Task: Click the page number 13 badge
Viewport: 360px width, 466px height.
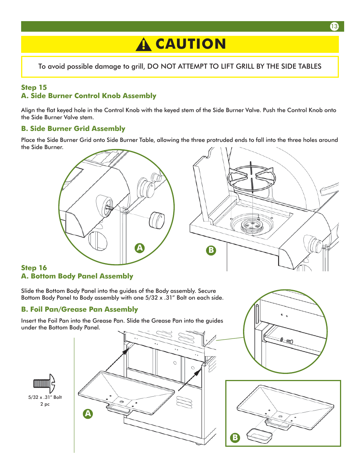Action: click(x=334, y=26)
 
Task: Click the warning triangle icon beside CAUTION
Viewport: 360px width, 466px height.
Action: click(x=143, y=45)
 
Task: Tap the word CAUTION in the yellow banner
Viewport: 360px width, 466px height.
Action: click(x=191, y=44)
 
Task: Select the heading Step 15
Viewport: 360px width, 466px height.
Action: click(x=34, y=87)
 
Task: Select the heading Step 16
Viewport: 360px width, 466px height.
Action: click(x=34, y=268)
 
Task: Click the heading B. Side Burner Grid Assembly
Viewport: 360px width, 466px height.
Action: click(x=73, y=129)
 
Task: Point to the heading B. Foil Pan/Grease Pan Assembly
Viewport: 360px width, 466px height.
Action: click(x=80, y=309)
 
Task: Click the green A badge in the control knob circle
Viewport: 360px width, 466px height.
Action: click(x=140, y=248)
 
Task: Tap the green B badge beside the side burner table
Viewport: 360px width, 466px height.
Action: click(x=211, y=250)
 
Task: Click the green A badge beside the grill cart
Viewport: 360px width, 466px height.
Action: click(x=88, y=414)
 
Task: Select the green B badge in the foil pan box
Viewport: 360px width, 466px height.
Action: click(x=235, y=437)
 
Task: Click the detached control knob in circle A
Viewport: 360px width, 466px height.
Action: click(x=157, y=220)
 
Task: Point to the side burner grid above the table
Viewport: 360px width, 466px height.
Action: click(x=252, y=177)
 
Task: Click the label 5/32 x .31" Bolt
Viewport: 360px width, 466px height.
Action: click(x=45, y=397)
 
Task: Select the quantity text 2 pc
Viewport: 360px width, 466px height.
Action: click(x=45, y=404)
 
